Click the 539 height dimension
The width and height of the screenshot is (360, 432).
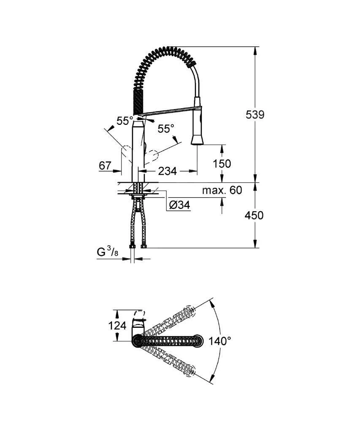[255, 114]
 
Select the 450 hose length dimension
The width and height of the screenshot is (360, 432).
[254, 215]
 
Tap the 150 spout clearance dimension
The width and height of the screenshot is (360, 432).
[222, 163]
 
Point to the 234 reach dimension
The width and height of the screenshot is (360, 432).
[167, 171]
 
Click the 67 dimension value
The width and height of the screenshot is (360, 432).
[105, 166]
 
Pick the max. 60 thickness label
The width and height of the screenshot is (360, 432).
[222, 190]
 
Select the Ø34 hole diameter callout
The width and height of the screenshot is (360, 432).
[179, 205]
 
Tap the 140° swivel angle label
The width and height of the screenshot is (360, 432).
[220, 341]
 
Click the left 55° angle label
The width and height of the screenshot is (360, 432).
[125, 121]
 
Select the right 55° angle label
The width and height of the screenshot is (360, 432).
[166, 129]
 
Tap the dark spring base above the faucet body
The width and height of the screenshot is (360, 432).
[140, 102]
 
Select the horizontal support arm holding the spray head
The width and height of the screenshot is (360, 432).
[169, 111]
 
